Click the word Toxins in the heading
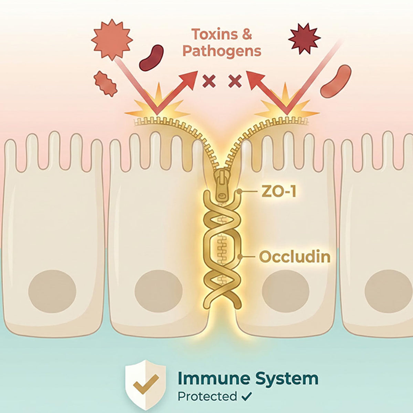tap(214, 34)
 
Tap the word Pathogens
tap(222, 51)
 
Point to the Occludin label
tap(295, 256)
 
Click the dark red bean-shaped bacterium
tap(151, 57)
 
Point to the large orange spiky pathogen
tap(112, 40)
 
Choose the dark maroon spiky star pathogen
tap(304, 39)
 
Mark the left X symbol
tap(209, 81)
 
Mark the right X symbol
tap(235, 81)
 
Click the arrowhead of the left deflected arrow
tap(189, 79)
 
